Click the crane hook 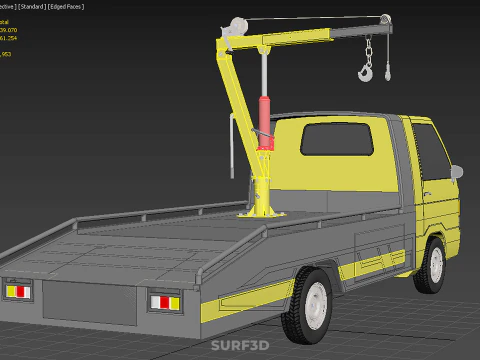pyautogui.click(x=366, y=71)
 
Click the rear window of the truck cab pyautogui.click(x=336, y=141)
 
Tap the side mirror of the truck pyautogui.click(x=456, y=172)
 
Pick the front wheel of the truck pyautogui.click(x=433, y=263)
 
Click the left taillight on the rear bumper pyautogui.click(x=19, y=291)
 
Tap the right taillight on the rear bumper pyautogui.click(x=163, y=301)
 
